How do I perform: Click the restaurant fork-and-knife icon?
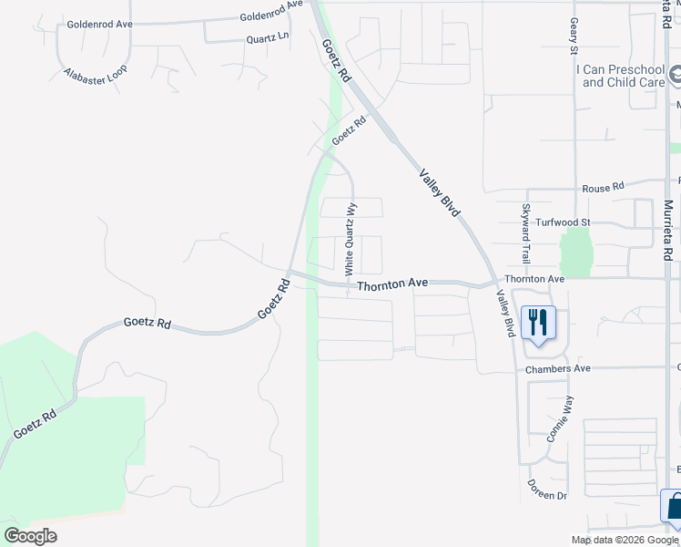point(538,323)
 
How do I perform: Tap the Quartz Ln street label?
point(268,39)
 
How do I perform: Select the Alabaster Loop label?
point(96,75)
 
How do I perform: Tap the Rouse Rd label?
point(605,187)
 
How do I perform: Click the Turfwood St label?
point(564,222)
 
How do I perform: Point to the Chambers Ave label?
point(558,368)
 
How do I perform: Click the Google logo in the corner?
point(30,536)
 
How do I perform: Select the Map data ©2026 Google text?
point(625,540)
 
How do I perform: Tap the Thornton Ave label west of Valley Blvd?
point(392,285)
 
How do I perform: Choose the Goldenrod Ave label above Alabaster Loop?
point(100,25)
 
